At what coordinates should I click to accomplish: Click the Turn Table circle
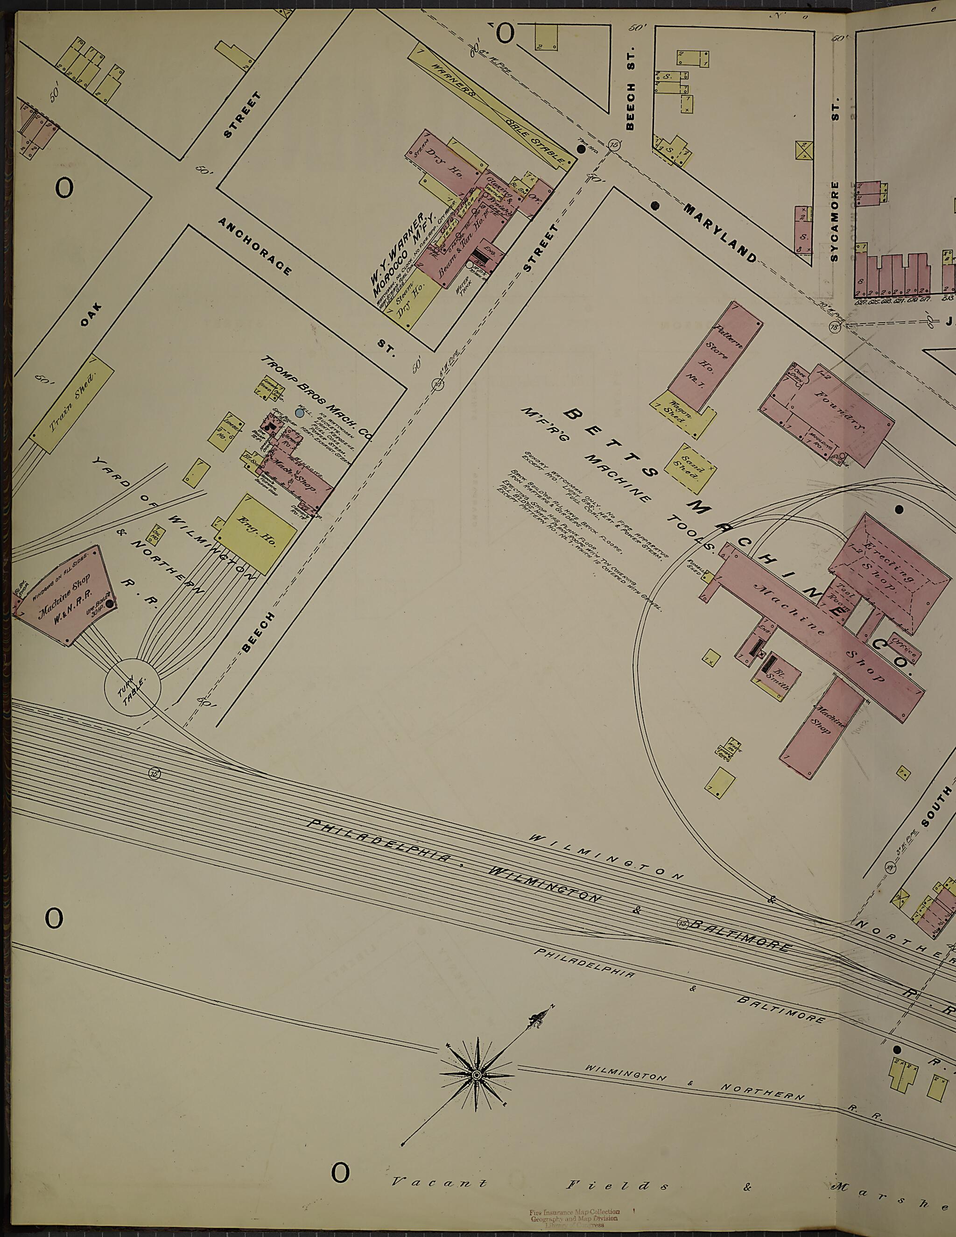pyautogui.click(x=133, y=686)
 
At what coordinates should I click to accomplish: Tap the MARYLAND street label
pyautogui.click(x=719, y=232)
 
